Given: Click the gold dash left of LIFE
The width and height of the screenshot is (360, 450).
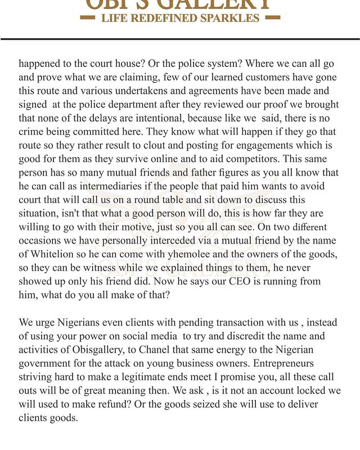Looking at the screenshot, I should coord(88,17).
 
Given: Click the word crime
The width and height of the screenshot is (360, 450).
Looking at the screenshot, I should coord(31,131).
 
